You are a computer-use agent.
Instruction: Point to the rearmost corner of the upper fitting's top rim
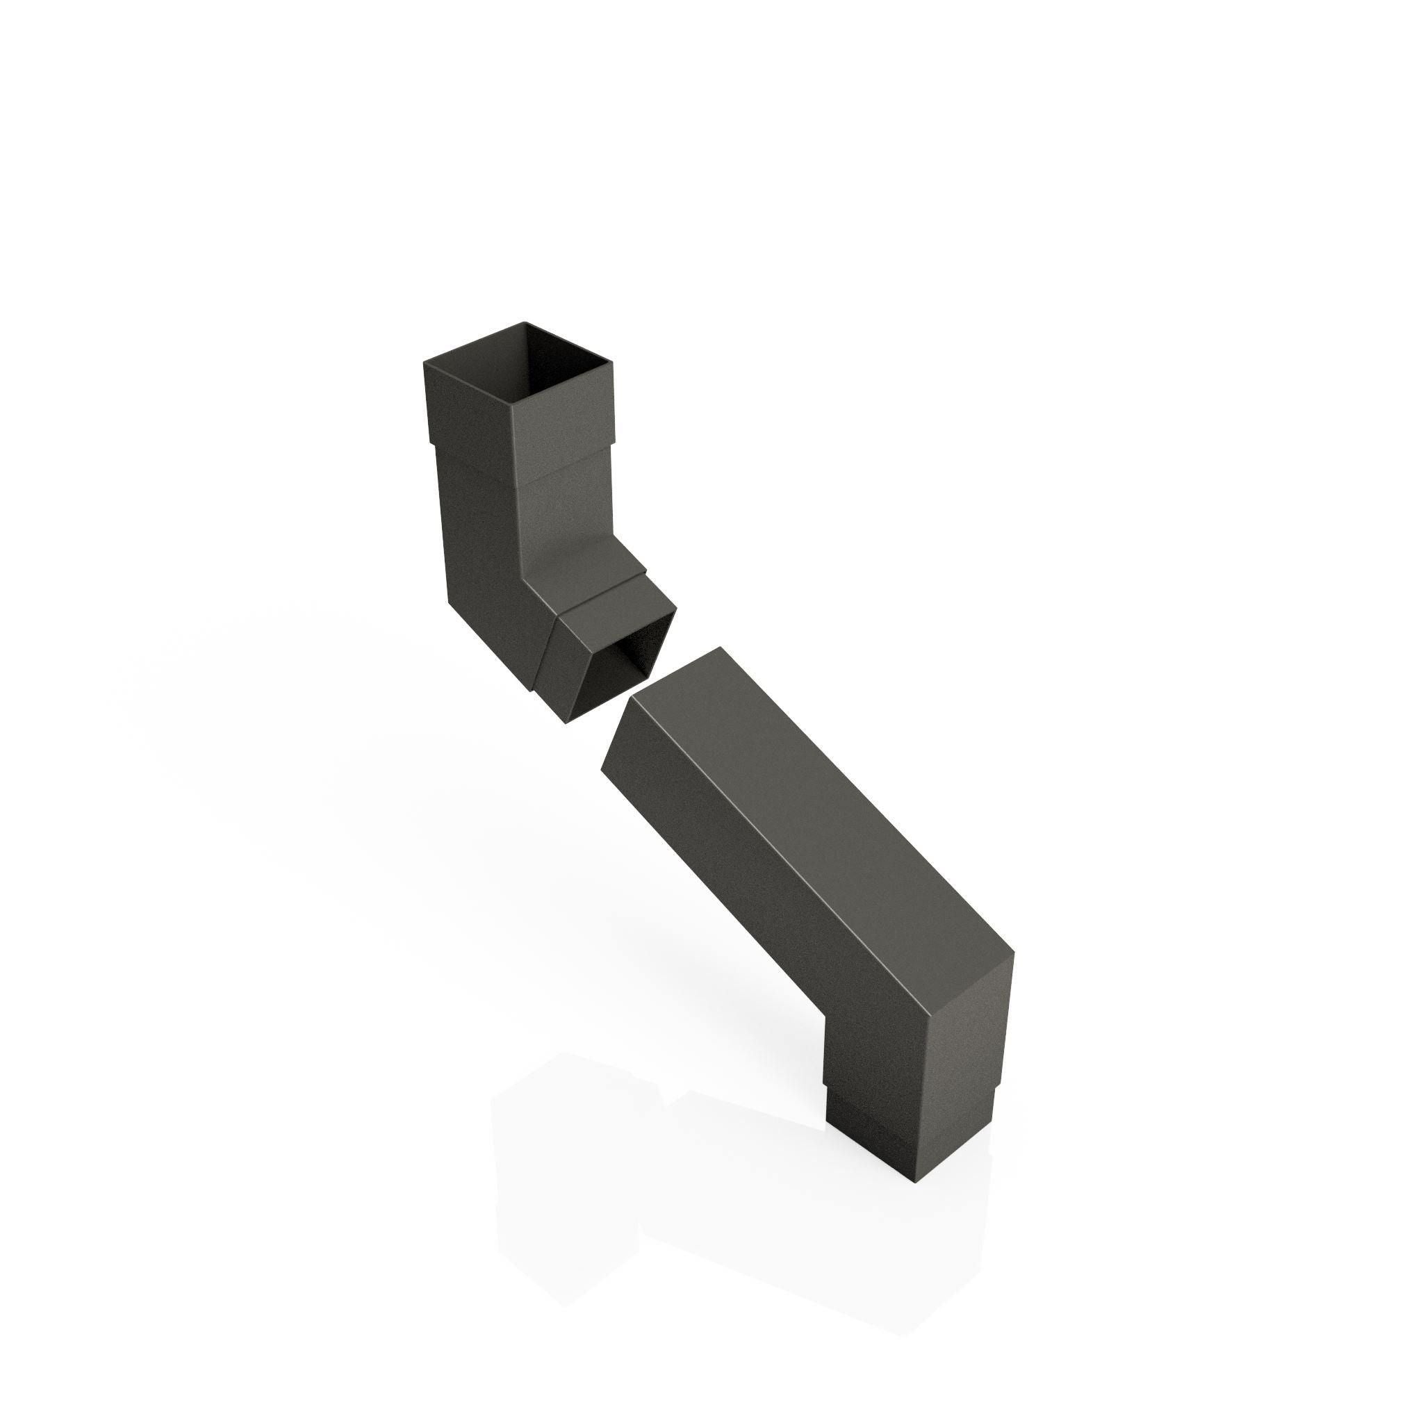pos(525,322)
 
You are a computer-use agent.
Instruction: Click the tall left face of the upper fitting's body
pos(479,545)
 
